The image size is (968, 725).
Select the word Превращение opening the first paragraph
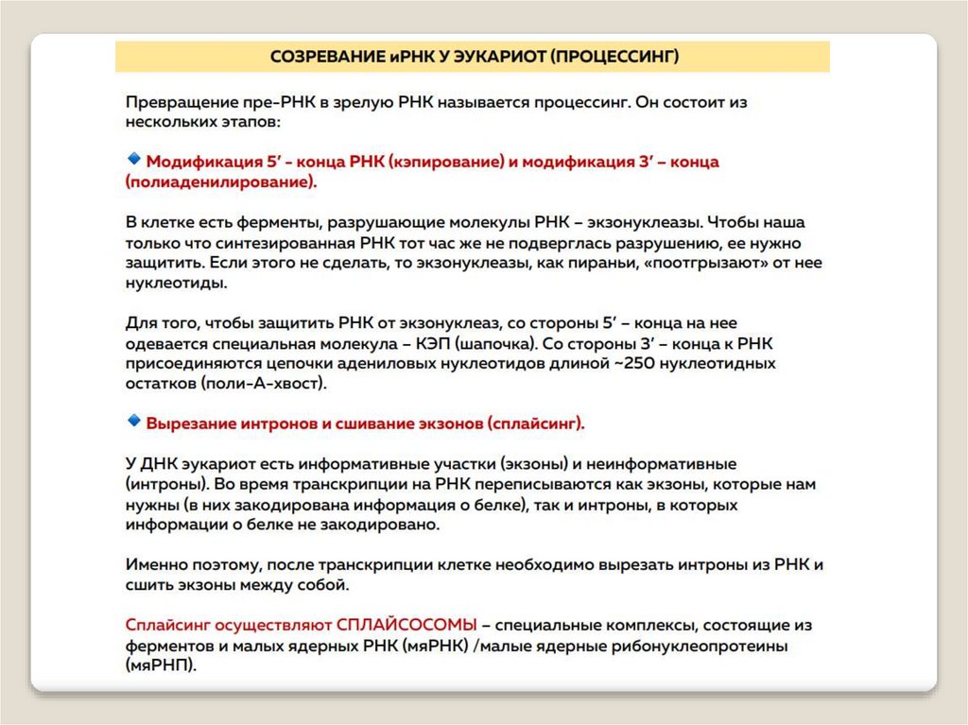pos(178,102)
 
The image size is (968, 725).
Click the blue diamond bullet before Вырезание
pos(133,421)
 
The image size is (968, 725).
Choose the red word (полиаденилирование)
pos(221,182)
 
